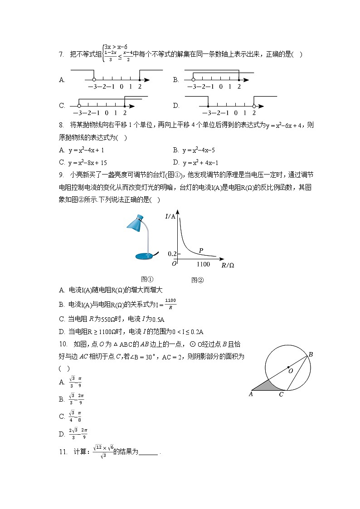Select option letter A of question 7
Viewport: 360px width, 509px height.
[x=62, y=80]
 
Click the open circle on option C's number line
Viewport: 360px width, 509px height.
[x=79, y=106]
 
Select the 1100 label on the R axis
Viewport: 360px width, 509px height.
[x=203, y=264]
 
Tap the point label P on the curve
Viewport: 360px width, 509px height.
[x=201, y=250]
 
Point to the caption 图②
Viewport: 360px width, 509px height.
[x=197, y=280]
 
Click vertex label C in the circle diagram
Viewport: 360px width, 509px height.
[x=281, y=394]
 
